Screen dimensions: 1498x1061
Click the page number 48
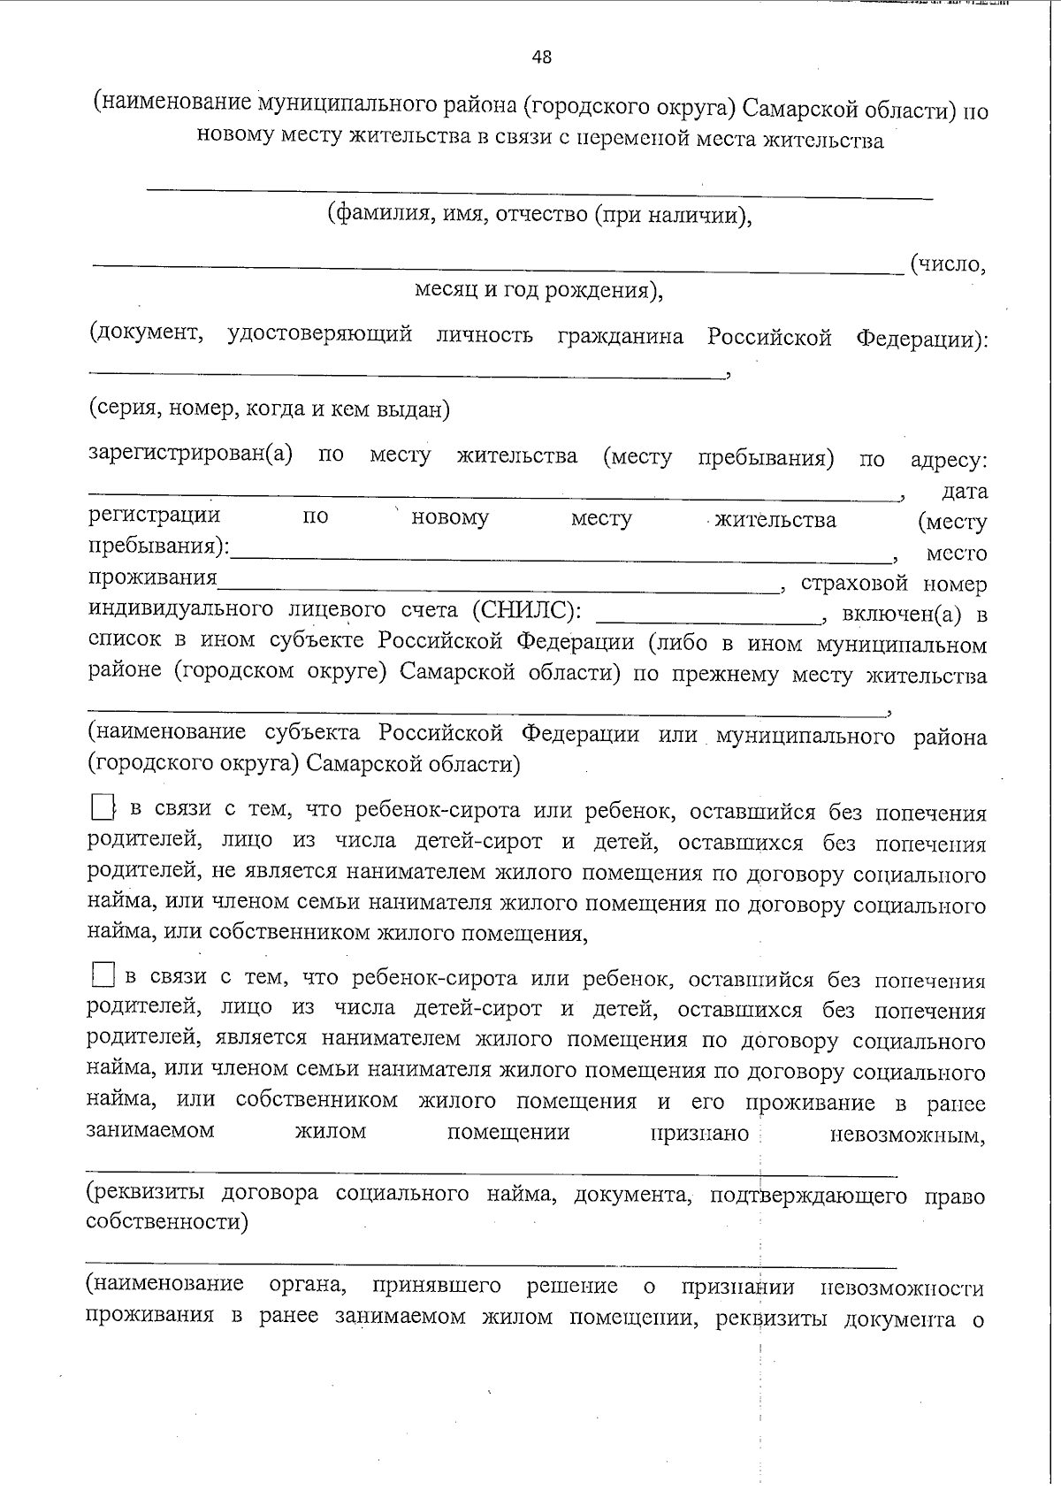click(541, 57)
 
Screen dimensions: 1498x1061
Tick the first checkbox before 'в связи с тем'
click(103, 806)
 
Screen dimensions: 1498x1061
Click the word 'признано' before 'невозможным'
click(700, 1134)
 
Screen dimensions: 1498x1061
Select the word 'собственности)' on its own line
click(166, 1223)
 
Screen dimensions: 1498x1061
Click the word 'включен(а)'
click(901, 614)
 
